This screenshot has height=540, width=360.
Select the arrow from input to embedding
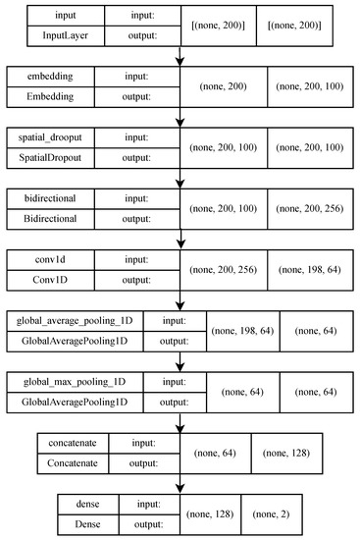tap(180, 57)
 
